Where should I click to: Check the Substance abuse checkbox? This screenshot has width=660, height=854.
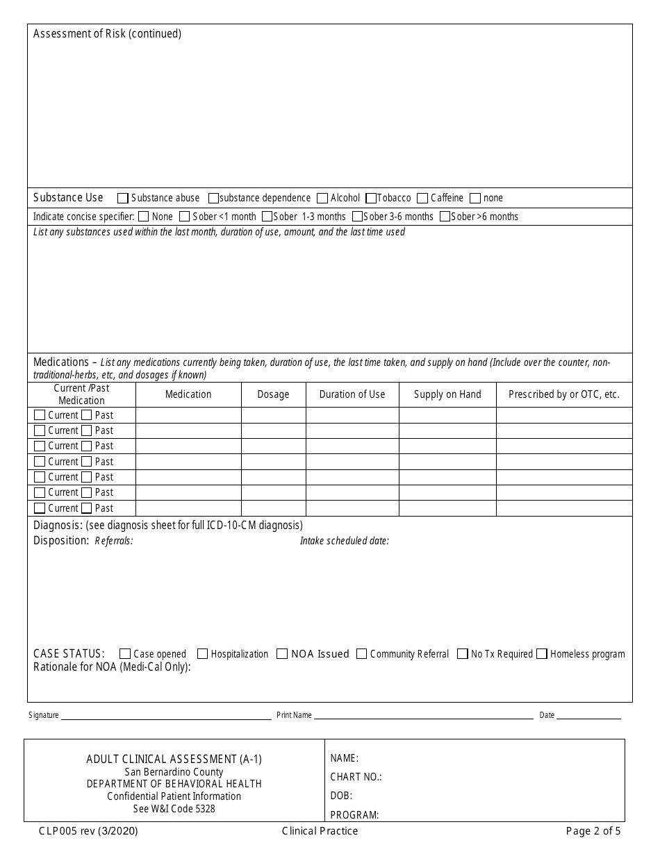pos(123,199)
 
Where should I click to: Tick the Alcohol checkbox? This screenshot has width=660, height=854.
pos(322,199)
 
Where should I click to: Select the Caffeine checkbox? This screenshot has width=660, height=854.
pos(422,199)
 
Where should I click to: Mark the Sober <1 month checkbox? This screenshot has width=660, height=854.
pos(185,217)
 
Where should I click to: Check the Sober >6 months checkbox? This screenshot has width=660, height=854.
pos(445,217)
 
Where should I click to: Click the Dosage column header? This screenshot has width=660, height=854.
pos(273,394)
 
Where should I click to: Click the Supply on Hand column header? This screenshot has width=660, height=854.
pos(447,394)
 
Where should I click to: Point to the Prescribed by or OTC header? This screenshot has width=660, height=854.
pos(563,394)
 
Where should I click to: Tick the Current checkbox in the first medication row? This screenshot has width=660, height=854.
pos(40,415)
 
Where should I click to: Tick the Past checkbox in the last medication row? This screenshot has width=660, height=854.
pos(87,508)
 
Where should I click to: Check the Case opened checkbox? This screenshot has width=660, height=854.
pos(125,654)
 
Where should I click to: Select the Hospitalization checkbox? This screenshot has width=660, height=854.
pos(203,654)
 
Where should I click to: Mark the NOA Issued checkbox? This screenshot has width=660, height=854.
pos(282,654)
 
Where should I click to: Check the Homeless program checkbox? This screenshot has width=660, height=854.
pos(542,654)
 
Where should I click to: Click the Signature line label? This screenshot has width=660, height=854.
pos(43,715)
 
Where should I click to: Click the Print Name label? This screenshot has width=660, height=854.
pos(294,715)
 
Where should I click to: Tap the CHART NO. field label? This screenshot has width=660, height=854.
pos(356,777)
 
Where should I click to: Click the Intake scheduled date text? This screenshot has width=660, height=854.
pos(344,541)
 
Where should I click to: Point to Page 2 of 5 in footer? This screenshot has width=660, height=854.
pos(593,831)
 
